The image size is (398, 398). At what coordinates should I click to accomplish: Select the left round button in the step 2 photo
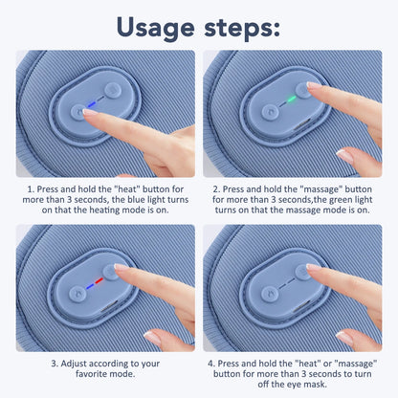pos(271,111)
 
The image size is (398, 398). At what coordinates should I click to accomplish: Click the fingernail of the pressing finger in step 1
pos(90,113)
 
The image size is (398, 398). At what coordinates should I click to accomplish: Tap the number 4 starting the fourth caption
pos(211,365)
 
